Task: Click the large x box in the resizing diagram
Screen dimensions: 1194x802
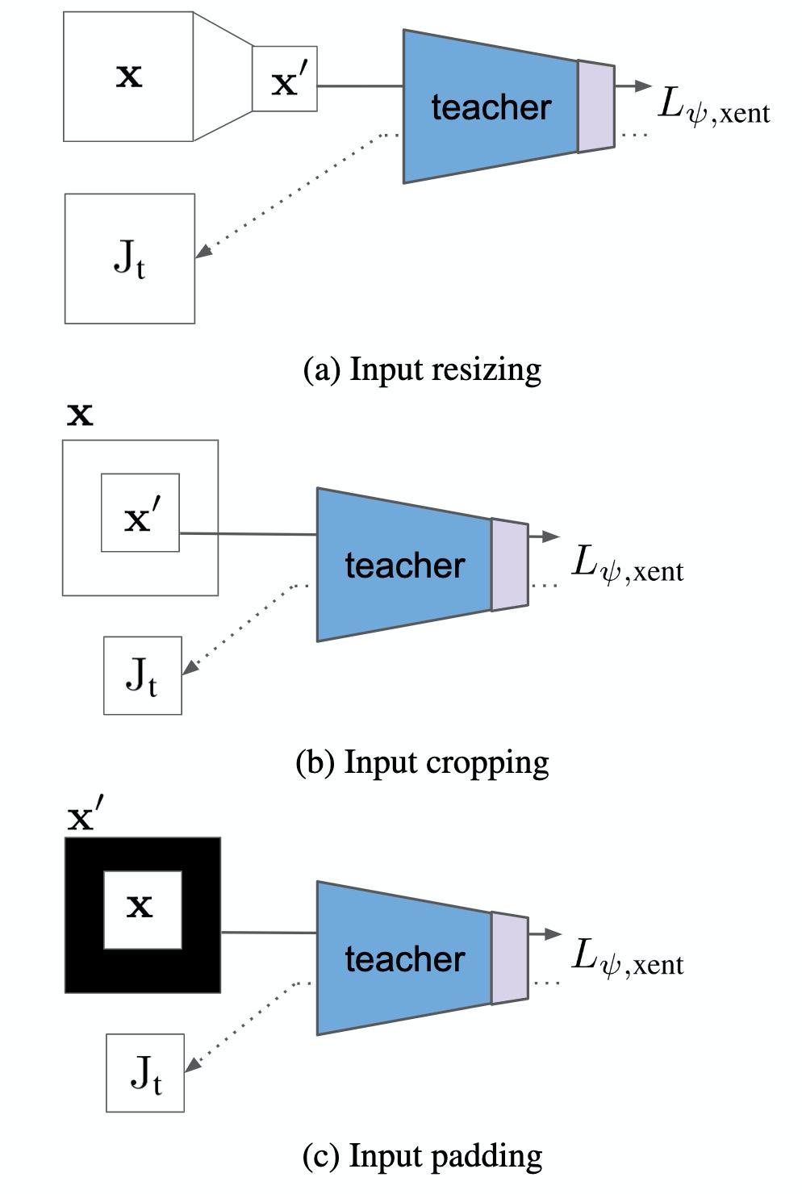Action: tap(128, 77)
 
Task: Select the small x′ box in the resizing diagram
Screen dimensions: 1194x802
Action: tap(285, 78)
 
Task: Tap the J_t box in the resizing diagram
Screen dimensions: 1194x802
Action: tap(129, 259)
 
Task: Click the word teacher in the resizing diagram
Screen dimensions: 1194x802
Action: tap(491, 107)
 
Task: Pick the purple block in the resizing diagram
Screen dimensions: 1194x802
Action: tap(595, 106)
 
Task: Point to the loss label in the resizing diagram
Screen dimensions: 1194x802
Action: tap(713, 108)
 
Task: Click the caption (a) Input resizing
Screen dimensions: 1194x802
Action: tap(421, 369)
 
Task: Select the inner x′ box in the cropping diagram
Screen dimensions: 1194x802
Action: tap(140, 513)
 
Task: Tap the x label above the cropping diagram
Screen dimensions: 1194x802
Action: tap(80, 415)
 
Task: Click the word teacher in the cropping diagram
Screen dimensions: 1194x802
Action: tap(404, 565)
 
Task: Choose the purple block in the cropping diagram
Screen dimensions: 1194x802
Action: tap(509, 564)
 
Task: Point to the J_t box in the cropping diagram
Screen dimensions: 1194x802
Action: tap(143, 676)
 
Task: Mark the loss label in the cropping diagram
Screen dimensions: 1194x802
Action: tap(627, 565)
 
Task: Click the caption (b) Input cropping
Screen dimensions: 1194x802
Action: tap(422, 762)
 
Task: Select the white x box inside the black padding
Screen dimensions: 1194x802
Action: tap(142, 909)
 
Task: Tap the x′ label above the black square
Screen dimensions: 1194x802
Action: tap(86, 818)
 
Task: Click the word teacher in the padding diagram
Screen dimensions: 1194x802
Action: tap(404, 958)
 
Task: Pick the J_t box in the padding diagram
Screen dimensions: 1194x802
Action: tap(146, 1073)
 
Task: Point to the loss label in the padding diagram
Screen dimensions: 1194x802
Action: tap(627, 958)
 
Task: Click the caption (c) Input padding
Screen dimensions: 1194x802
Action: tap(422, 1155)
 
